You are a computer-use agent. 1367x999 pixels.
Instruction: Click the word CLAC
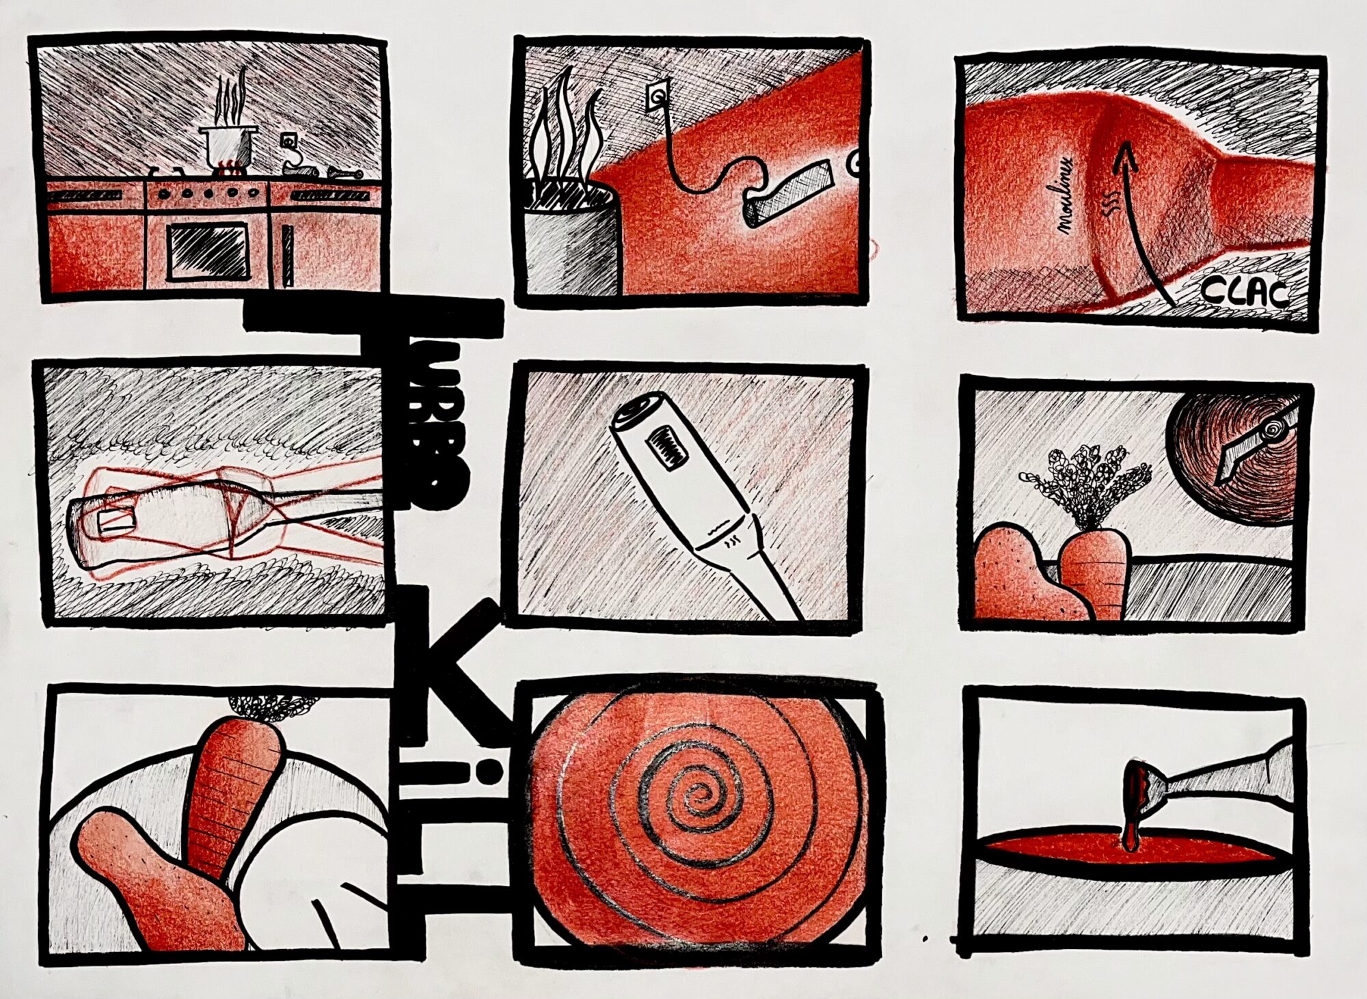pyautogui.click(x=1244, y=292)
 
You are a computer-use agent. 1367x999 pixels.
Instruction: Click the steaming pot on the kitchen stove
pyautogui.click(x=228, y=143)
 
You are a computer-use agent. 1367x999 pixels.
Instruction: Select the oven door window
pyautogui.click(x=208, y=251)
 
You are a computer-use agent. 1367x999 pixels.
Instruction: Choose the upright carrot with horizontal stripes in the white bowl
pyautogui.click(x=232, y=793)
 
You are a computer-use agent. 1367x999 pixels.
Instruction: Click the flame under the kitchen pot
pyautogui.click(x=228, y=165)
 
